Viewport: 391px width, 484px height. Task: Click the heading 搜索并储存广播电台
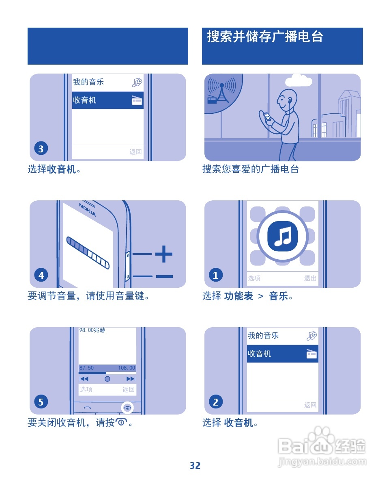[265, 37]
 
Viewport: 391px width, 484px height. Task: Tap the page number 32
[195, 466]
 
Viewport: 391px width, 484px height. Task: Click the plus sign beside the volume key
[164, 254]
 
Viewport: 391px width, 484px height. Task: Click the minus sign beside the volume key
[164, 277]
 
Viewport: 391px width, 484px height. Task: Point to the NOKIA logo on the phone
[88, 209]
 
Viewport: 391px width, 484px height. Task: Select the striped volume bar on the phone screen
[88, 252]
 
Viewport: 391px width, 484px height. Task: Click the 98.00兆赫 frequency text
[92, 330]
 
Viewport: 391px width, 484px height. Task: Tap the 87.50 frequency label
[86, 368]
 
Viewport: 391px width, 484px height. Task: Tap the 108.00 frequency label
[127, 368]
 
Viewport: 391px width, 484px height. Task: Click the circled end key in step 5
[127, 408]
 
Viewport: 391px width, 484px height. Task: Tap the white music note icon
[283, 236]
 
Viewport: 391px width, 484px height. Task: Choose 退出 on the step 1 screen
[310, 278]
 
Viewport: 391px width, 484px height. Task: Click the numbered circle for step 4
[41, 276]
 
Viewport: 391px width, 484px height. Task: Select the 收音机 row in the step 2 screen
[282, 354]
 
